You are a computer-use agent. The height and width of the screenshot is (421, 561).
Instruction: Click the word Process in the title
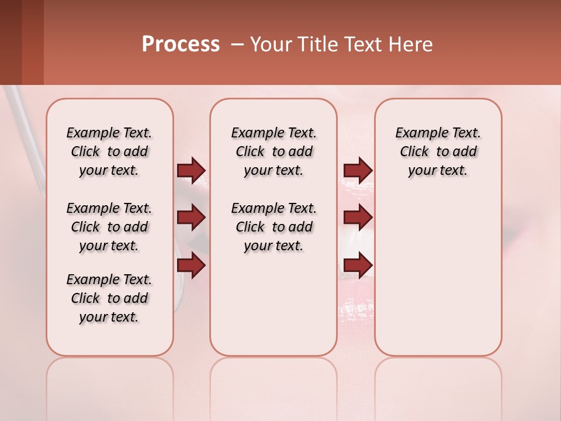[x=181, y=44]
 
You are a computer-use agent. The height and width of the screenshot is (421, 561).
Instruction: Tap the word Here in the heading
[x=411, y=44]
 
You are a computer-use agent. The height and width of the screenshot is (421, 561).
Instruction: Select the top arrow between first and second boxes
[x=191, y=170]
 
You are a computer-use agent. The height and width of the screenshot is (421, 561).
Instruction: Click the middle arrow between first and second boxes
[x=191, y=218]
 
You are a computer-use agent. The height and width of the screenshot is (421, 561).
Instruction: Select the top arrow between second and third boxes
[x=358, y=170]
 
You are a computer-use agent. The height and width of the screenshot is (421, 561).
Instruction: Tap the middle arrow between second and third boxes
[x=358, y=218]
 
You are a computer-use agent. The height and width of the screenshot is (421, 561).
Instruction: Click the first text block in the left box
[x=109, y=151]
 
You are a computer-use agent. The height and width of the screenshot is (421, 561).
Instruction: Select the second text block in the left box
[x=109, y=227]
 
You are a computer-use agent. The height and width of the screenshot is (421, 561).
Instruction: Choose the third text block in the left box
[x=109, y=298]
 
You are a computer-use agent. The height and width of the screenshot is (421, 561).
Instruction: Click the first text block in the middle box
[x=273, y=151]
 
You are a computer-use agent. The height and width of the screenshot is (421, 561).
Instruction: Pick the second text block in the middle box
[x=273, y=227]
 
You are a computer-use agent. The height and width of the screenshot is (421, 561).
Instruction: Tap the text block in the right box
[x=438, y=151]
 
